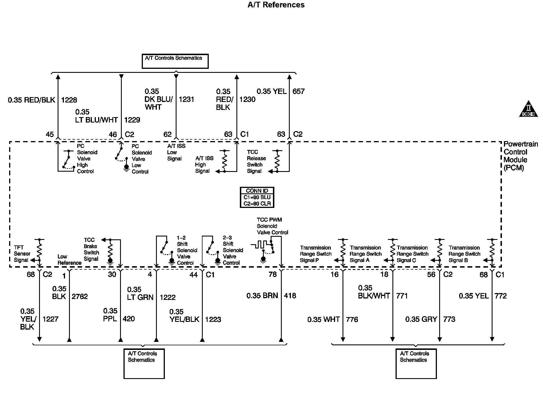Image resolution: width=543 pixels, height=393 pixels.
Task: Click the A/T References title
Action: tap(276, 5)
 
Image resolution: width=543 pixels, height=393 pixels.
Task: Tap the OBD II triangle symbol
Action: tap(528, 109)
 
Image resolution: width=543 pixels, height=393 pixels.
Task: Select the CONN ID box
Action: tap(257, 197)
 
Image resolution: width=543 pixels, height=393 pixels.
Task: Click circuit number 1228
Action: tap(69, 100)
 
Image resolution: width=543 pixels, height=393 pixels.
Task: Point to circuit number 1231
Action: tap(187, 99)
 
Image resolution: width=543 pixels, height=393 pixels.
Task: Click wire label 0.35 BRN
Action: tap(262, 296)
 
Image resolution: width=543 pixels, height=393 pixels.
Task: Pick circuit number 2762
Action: tap(80, 296)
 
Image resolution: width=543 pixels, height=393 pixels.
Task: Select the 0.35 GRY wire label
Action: tap(421, 319)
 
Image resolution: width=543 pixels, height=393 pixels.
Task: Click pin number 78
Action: tap(273, 274)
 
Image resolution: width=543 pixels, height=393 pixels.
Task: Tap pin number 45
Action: tap(50, 135)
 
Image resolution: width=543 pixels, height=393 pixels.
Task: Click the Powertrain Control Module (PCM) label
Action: tap(520, 156)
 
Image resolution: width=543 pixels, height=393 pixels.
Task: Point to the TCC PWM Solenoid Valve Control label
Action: tap(272, 226)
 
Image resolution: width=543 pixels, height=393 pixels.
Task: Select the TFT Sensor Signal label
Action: tap(22, 254)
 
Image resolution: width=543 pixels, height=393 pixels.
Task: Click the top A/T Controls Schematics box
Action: tap(175, 61)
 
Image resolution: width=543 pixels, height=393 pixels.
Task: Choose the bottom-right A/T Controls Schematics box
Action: tap(416, 364)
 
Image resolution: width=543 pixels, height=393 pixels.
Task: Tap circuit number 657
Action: tap(299, 91)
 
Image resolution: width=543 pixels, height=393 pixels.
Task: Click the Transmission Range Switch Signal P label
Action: tap(316, 254)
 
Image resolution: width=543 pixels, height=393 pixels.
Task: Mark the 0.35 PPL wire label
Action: tap(110, 315)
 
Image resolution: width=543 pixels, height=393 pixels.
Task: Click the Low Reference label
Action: tap(69, 260)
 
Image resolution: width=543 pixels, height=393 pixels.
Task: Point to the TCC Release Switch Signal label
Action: tap(256, 162)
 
